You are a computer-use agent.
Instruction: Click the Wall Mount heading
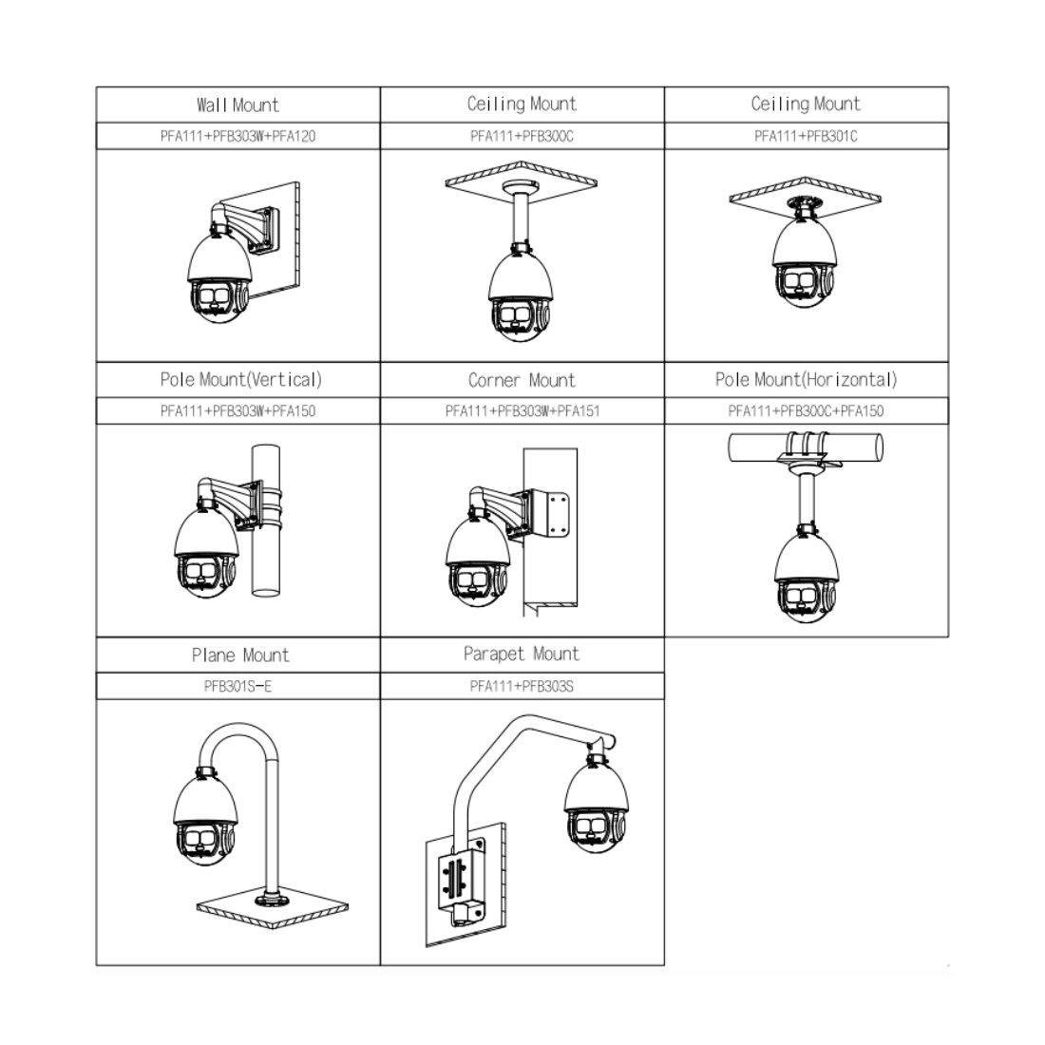pyautogui.click(x=237, y=105)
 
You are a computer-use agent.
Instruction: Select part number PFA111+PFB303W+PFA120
pyautogui.click(x=237, y=136)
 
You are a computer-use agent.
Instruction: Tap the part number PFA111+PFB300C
pyautogui.click(x=522, y=136)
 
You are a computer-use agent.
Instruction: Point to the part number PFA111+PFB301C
pyautogui.click(x=806, y=136)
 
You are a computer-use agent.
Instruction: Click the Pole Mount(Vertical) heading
pyautogui.click(x=240, y=380)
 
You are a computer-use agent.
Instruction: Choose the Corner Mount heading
pyautogui.click(x=522, y=381)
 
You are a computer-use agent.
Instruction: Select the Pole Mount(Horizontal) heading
pyautogui.click(x=806, y=380)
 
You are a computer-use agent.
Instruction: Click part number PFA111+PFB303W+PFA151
pyautogui.click(x=522, y=411)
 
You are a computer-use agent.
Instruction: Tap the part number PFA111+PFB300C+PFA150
pyautogui.click(x=806, y=411)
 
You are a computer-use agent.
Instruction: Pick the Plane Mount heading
pyautogui.click(x=240, y=655)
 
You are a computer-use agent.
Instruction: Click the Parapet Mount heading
pyautogui.click(x=522, y=655)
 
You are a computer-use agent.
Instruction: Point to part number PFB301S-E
pyautogui.click(x=237, y=687)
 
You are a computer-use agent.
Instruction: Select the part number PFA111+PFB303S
pyautogui.click(x=522, y=687)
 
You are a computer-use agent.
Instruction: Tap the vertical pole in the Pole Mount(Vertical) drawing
pyautogui.click(x=266, y=519)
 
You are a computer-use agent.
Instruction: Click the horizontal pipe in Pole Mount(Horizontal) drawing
pyautogui.click(x=806, y=447)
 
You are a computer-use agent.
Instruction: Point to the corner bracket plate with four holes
pyautogui.click(x=557, y=514)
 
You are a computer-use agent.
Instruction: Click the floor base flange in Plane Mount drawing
pyautogui.click(x=272, y=900)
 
